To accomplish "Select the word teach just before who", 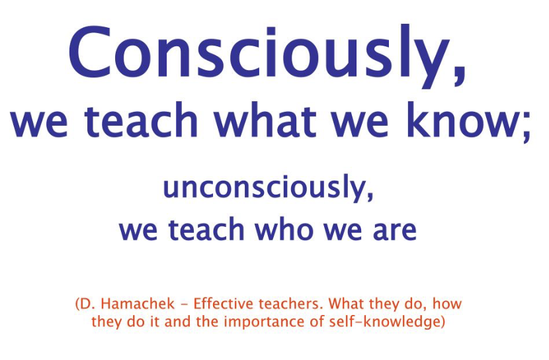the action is click(x=206, y=230).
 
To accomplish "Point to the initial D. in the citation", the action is click(x=87, y=304).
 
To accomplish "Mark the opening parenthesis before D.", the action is click(x=77, y=304).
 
